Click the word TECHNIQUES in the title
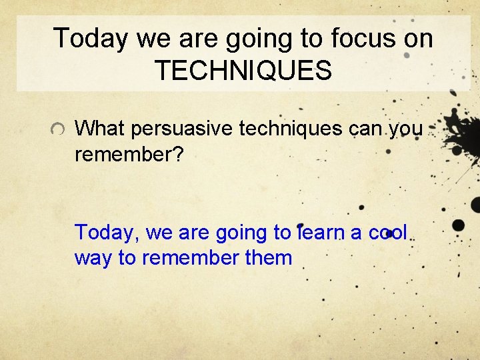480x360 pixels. point(243,70)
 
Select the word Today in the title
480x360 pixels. point(91,39)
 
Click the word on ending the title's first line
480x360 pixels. point(417,39)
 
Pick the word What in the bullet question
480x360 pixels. point(98,129)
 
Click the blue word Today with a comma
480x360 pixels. point(107,233)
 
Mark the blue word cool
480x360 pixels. point(388,233)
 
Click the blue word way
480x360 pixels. point(93,258)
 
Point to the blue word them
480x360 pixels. point(269,258)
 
